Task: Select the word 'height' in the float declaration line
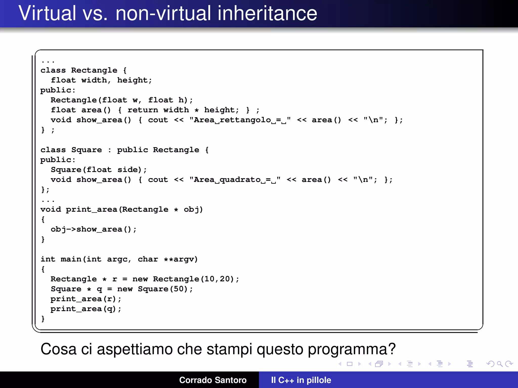coord(132,80)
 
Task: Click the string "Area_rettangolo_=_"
coord(240,120)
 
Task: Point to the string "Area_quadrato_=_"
coord(235,180)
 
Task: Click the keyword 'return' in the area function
coord(143,110)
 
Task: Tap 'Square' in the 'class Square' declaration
coord(87,150)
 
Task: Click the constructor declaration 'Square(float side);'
coord(99,170)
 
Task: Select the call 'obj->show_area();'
coord(94,229)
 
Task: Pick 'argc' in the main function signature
coord(117,259)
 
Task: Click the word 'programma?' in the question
coord(352,350)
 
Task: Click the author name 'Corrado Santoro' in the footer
coord(213,380)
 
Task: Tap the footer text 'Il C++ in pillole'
coord(301,380)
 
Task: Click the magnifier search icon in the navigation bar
coord(500,364)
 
